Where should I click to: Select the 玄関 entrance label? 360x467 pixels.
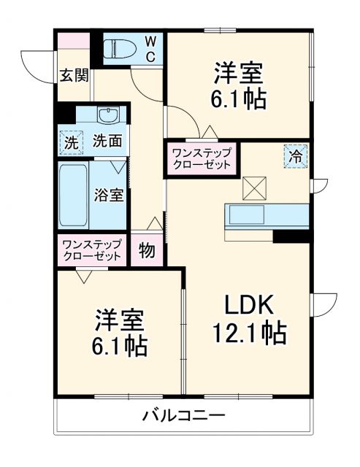(x=74, y=74)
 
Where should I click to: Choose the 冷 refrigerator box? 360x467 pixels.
(x=296, y=155)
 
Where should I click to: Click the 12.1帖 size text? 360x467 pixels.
(x=249, y=334)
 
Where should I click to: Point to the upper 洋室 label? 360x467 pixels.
(x=239, y=74)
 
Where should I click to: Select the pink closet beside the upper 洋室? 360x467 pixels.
(x=201, y=158)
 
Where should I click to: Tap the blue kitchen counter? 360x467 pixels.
(x=267, y=215)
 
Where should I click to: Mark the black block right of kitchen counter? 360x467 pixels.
(x=291, y=236)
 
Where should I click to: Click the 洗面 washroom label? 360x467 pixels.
(x=107, y=142)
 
